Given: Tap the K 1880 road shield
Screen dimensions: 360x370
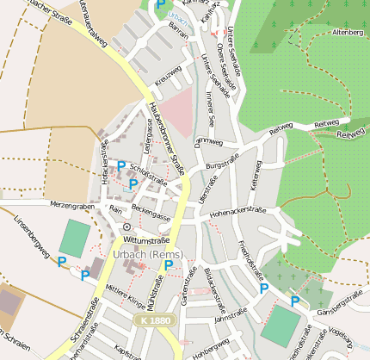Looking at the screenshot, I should point(151,320).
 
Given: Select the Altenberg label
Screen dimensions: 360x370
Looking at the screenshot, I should point(346,32).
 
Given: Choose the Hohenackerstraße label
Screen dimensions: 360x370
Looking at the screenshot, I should point(248,210).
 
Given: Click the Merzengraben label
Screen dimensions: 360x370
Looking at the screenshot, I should point(71,205).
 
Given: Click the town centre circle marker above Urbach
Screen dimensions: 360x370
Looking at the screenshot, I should point(126,227).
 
